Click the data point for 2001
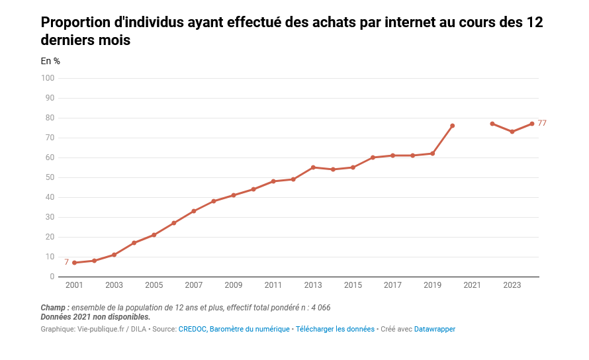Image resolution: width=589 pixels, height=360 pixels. [74, 263]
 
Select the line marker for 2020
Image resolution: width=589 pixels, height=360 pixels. [453, 126]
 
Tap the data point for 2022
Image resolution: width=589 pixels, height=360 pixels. [492, 124]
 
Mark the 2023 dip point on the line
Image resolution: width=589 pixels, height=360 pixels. [512, 132]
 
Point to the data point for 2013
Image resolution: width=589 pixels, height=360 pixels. [313, 167]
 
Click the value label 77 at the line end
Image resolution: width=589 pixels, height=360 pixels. [542, 123]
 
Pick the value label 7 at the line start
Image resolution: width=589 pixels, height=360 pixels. [66, 263]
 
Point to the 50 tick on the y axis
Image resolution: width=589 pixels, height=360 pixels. [49, 177]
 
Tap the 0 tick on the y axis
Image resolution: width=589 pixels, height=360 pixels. [52, 277]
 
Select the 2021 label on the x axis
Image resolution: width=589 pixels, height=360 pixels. [472, 285]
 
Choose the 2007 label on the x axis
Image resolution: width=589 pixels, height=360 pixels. [193, 285]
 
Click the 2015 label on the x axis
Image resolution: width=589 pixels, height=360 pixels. [353, 285]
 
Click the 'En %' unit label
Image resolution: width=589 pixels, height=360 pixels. [50, 61]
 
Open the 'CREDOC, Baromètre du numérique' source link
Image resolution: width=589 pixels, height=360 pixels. [234, 329]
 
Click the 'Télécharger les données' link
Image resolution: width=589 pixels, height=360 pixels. [335, 329]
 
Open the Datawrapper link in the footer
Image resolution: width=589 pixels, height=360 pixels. [435, 329]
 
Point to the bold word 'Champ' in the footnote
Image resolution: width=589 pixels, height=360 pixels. [53, 308]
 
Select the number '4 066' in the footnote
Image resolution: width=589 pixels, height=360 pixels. [319, 308]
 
